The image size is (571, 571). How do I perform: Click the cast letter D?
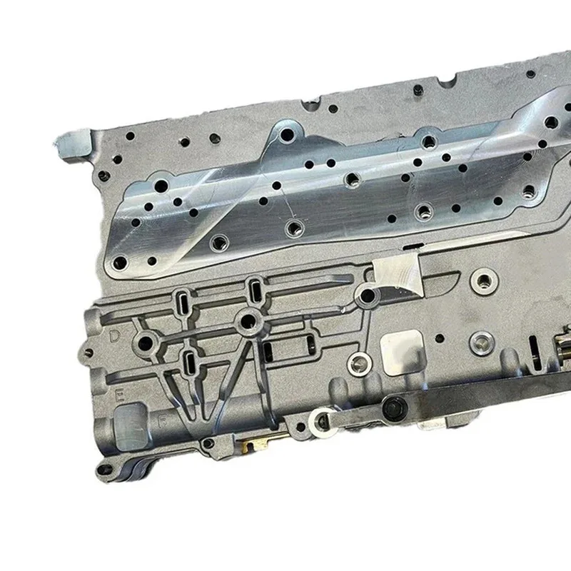(115, 334)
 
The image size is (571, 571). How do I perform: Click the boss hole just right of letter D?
(148, 340)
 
